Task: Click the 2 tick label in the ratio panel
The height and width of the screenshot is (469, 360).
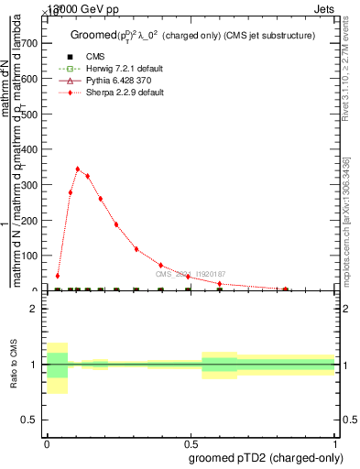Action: point(33,310)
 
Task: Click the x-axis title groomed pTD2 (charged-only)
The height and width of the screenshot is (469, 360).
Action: point(265,457)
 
